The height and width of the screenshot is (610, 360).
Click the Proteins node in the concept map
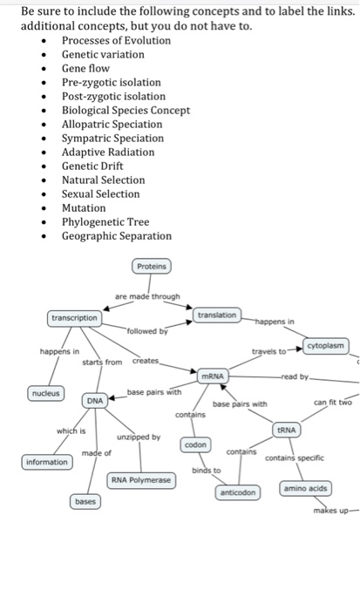[153, 265]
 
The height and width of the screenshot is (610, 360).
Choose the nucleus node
[46, 394]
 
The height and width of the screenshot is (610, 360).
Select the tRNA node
[287, 430]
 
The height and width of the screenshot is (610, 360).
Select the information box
[48, 462]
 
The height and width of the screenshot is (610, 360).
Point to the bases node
[85, 502]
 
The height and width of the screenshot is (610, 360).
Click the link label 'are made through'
[147, 296]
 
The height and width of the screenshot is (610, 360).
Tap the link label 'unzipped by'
[139, 437]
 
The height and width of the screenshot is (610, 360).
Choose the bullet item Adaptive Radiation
[107, 152]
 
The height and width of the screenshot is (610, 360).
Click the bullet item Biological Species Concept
[125, 110]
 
